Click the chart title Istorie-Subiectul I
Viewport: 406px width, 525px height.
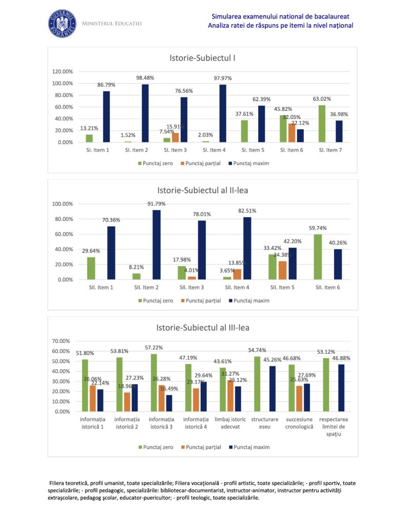click(x=203, y=58)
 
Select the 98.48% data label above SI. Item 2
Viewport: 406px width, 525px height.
click(x=145, y=78)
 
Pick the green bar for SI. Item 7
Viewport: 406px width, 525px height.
click(x=322, y=124)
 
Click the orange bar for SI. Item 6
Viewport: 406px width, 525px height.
click(x=292, y=133)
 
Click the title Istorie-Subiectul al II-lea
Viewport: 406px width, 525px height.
click(x=203, y=191)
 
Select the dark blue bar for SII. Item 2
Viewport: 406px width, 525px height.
click(x=157, y=245)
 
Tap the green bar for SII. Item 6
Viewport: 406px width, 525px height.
click(x=318, y=257)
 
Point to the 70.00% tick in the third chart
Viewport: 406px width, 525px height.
click(x=64, y=341)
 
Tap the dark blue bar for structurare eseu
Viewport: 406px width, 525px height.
click(x=273, y=389)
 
